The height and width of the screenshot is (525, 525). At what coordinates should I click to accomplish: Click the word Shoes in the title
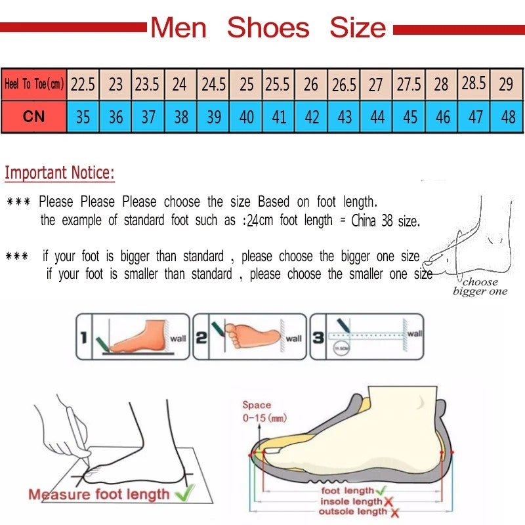click(x=268, y=28)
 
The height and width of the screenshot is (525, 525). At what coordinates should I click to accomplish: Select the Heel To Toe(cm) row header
click(x=34, y=84)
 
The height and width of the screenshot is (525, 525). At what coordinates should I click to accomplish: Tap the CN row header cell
click(x=34, y=117)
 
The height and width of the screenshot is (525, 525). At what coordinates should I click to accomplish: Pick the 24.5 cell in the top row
click(x=213, y=84)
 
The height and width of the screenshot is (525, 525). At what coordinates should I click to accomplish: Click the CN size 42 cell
click(x=312, y=117)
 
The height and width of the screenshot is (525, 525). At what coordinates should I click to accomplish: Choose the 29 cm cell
click(x=506, y=84)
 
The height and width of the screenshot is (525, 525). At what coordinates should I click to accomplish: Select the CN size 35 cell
click(x=83, y=117)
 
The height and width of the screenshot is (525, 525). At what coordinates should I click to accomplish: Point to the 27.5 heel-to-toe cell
click(x=409, y=84)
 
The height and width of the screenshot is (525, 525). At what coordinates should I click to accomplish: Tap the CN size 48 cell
click(x=507, y=117)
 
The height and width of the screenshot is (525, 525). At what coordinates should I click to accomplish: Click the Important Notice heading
click(x=60, y=173)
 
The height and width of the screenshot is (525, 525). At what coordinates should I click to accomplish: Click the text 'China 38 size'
click(x=385, y=221)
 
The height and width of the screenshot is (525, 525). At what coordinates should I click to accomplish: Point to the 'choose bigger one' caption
click(x=480, y=287)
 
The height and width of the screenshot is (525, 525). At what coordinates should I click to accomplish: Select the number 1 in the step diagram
click(x=83, y=338)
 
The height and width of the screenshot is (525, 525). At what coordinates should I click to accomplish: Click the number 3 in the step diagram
click(x=317, y=338)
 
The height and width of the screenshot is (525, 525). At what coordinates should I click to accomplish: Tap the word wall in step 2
click(x=293, y=339)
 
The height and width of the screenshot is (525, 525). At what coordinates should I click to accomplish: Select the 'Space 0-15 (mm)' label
click(x=263, y=411)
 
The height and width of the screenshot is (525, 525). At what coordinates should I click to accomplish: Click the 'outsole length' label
click(x=352, y=512)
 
